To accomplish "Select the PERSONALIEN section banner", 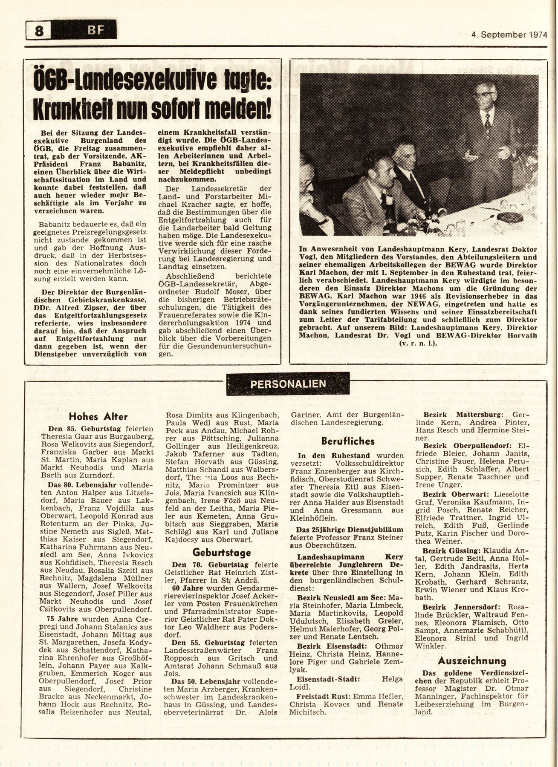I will pos(289,383).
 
